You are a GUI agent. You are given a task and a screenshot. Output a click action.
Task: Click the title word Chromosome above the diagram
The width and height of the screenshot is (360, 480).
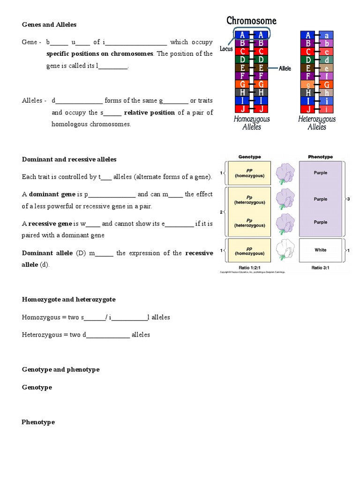pyautogui.click(x=251, y=21)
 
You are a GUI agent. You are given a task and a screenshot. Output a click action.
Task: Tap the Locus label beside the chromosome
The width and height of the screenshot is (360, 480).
pyautogui.click(x=226, y=49)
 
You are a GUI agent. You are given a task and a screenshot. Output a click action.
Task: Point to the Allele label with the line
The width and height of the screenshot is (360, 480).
pyautogui.click(x=285, y=68)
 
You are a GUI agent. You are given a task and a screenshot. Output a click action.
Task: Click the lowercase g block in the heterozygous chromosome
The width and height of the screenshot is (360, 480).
pyautogui.click(x=308, y=85)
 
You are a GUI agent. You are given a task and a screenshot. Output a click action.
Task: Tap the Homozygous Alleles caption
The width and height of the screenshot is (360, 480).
pyautogui.click(x=252, y=123)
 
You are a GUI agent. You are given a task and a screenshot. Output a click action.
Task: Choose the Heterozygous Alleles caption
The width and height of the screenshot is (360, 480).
pyautogui.click(x=317, y=123)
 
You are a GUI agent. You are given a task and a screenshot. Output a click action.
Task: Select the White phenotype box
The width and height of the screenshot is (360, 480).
pyautogui.click(x=321, y=250)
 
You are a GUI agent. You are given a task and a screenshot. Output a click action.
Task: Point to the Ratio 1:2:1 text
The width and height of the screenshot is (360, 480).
pyautogui.click(x=249, y=268)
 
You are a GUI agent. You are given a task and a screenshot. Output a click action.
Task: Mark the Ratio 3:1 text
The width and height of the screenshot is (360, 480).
pyautogui.click(x=321, y=268)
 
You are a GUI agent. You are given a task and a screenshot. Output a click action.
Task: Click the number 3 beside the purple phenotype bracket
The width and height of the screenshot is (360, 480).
pyautogui.click(x=348, y=199)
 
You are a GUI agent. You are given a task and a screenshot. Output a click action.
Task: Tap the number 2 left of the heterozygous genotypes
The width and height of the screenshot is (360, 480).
pyautogui.click(x=221, y=212)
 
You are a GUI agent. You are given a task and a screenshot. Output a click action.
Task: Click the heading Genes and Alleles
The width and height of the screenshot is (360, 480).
pyautogui.click(x=49, y=24)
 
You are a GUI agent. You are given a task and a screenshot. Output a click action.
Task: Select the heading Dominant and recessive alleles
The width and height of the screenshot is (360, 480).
pyautogui.click(x=69, y=159)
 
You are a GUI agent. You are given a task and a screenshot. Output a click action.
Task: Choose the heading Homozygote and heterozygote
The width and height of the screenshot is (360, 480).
pyautogui.click(x=68, y=299)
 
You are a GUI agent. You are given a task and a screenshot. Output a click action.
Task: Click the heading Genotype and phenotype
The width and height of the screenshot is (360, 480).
pyautogui.click(x=61, y=369)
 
